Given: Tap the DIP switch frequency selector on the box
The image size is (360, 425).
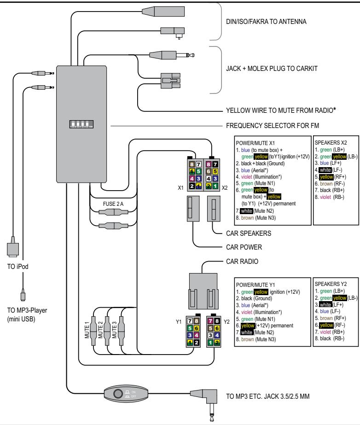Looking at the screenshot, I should [x=81, y=124].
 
